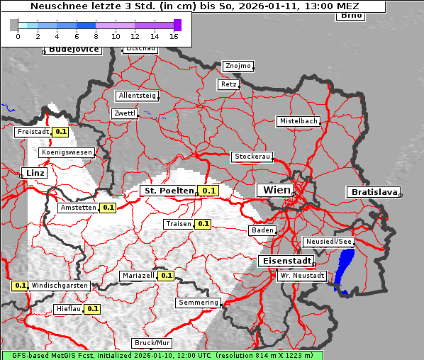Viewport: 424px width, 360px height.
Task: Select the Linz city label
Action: (33, 173)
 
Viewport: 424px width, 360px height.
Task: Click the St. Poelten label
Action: (168, 191)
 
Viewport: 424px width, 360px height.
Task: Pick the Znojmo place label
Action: (238, 66)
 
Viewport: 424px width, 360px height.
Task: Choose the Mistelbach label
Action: (299, 121)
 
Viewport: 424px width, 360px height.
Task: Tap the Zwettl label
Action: (125, 113)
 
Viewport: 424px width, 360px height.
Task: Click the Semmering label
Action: (199, 303)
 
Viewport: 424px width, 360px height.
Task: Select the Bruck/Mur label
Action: (152, 343)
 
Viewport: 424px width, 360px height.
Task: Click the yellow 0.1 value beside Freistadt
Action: (61, 132)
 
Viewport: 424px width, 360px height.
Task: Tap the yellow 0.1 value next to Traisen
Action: (203, 224)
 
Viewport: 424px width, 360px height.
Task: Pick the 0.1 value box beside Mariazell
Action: (167, 276)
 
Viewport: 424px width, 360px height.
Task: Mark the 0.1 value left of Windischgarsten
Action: (20, 286)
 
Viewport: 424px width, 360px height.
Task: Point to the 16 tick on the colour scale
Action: (174, 35)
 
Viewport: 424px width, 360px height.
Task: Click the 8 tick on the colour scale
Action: (96, 35)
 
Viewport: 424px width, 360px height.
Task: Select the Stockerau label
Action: (252, 157)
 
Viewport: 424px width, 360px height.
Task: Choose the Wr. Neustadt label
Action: (301, 275)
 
